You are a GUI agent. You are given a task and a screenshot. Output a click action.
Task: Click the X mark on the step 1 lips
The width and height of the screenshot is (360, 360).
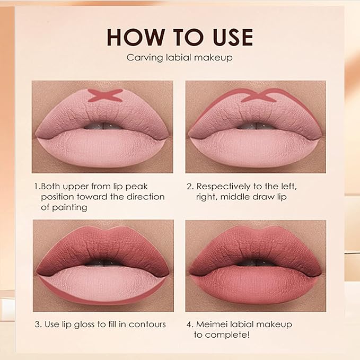(105, 96)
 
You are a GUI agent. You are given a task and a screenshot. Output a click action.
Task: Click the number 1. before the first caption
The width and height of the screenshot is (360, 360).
(37, 187)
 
